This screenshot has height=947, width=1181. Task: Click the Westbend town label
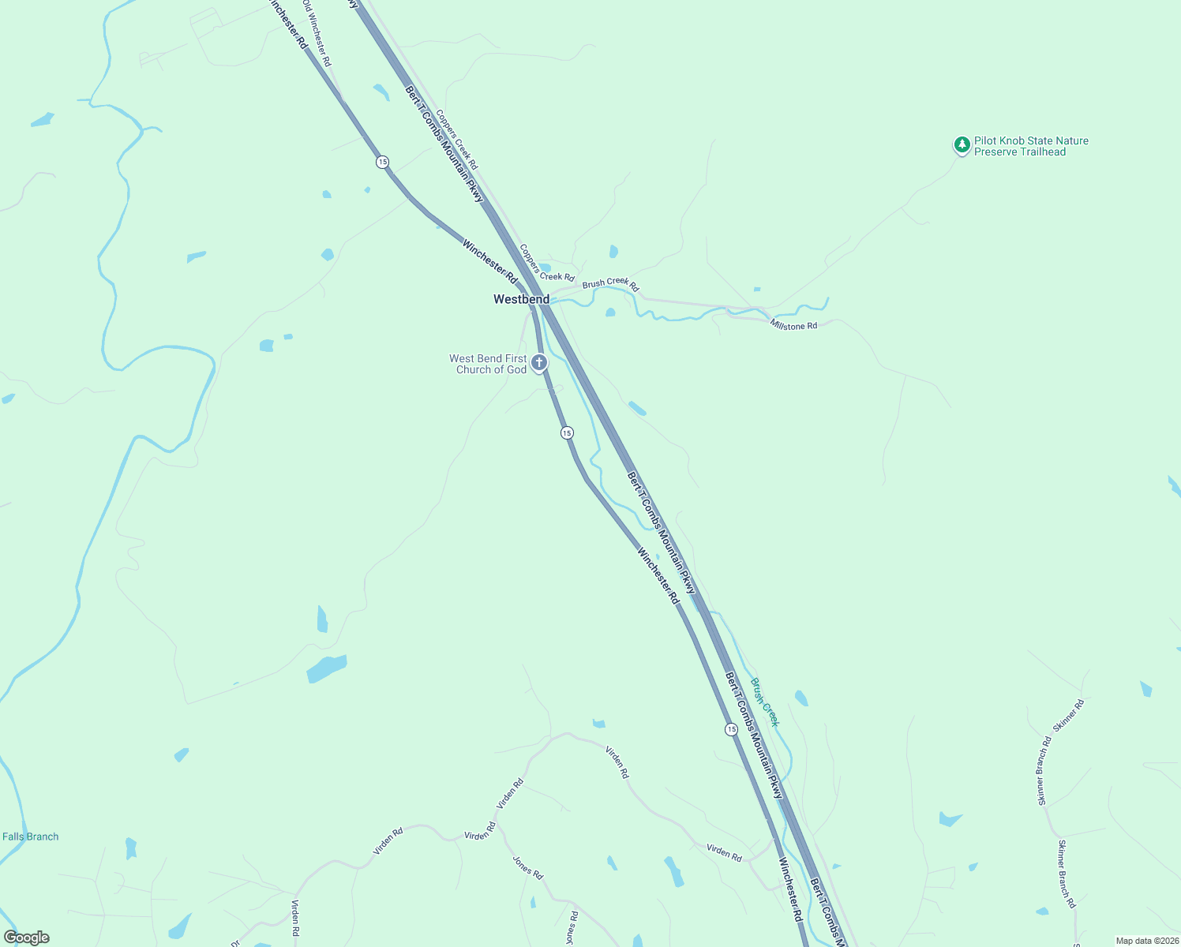[521, 299]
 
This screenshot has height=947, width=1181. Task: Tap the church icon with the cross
[539, 363]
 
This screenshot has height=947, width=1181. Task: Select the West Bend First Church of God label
[489, 364]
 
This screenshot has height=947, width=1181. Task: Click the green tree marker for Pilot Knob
[962, 144]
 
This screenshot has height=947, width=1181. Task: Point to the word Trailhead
[1041, 152]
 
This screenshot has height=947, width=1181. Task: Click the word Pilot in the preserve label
[986, 140]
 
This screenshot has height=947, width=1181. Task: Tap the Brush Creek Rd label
[610, 283]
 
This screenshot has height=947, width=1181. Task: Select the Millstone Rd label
[793, 324]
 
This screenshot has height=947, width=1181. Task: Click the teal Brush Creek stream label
[764, 702]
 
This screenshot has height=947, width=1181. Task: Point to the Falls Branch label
[31, 837]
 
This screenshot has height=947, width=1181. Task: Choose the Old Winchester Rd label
[317, 33]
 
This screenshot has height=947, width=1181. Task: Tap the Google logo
[27, 938]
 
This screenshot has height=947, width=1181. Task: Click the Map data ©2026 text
[1146, 941]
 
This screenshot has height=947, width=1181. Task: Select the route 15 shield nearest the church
[567, 432]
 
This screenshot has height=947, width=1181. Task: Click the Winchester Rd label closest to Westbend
[490, 263]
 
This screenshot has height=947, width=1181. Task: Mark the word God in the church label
[516, 369]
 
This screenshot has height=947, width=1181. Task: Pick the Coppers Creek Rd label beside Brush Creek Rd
[547, 264]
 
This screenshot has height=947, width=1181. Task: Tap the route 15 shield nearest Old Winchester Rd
[382, 162]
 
